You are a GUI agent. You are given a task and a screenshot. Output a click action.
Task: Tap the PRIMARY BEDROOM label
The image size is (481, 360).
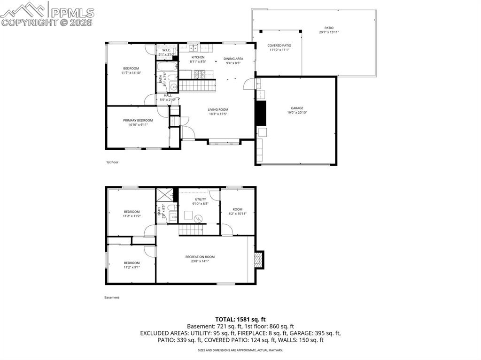(x=138, y=120)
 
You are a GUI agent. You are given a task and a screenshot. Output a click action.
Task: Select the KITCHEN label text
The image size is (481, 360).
(x=198, y=57)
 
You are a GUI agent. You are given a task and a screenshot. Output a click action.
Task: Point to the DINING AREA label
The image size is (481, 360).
(x=233, y=59)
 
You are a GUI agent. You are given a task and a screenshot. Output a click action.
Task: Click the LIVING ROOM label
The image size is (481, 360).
(x=218, y=110)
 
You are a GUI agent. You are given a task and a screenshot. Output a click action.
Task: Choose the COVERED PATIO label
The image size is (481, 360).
(x=279, y=46)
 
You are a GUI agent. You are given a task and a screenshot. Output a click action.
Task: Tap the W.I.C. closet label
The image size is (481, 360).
(x=166, y=50)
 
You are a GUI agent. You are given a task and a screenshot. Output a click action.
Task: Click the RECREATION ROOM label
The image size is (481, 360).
(x=200, y=257)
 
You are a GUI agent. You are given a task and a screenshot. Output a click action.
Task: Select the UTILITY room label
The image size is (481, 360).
(x=200, y=199)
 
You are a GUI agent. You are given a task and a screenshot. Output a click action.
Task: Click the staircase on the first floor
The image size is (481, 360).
(x=198, y=86)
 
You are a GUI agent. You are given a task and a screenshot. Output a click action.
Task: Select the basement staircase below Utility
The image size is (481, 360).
(x=190, y=230)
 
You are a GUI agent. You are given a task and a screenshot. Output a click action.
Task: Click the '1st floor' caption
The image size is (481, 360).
(x=112, y=162)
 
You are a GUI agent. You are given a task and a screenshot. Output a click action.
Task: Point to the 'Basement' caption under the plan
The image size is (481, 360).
(x=112, y=298)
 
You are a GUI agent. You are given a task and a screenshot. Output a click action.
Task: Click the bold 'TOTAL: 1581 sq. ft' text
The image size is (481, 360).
(x=240, y=320)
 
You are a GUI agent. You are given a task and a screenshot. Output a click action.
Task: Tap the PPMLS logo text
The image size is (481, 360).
(x=72, y=13)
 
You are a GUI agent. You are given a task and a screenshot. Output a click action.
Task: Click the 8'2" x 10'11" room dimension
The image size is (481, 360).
(x=237, y=214)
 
